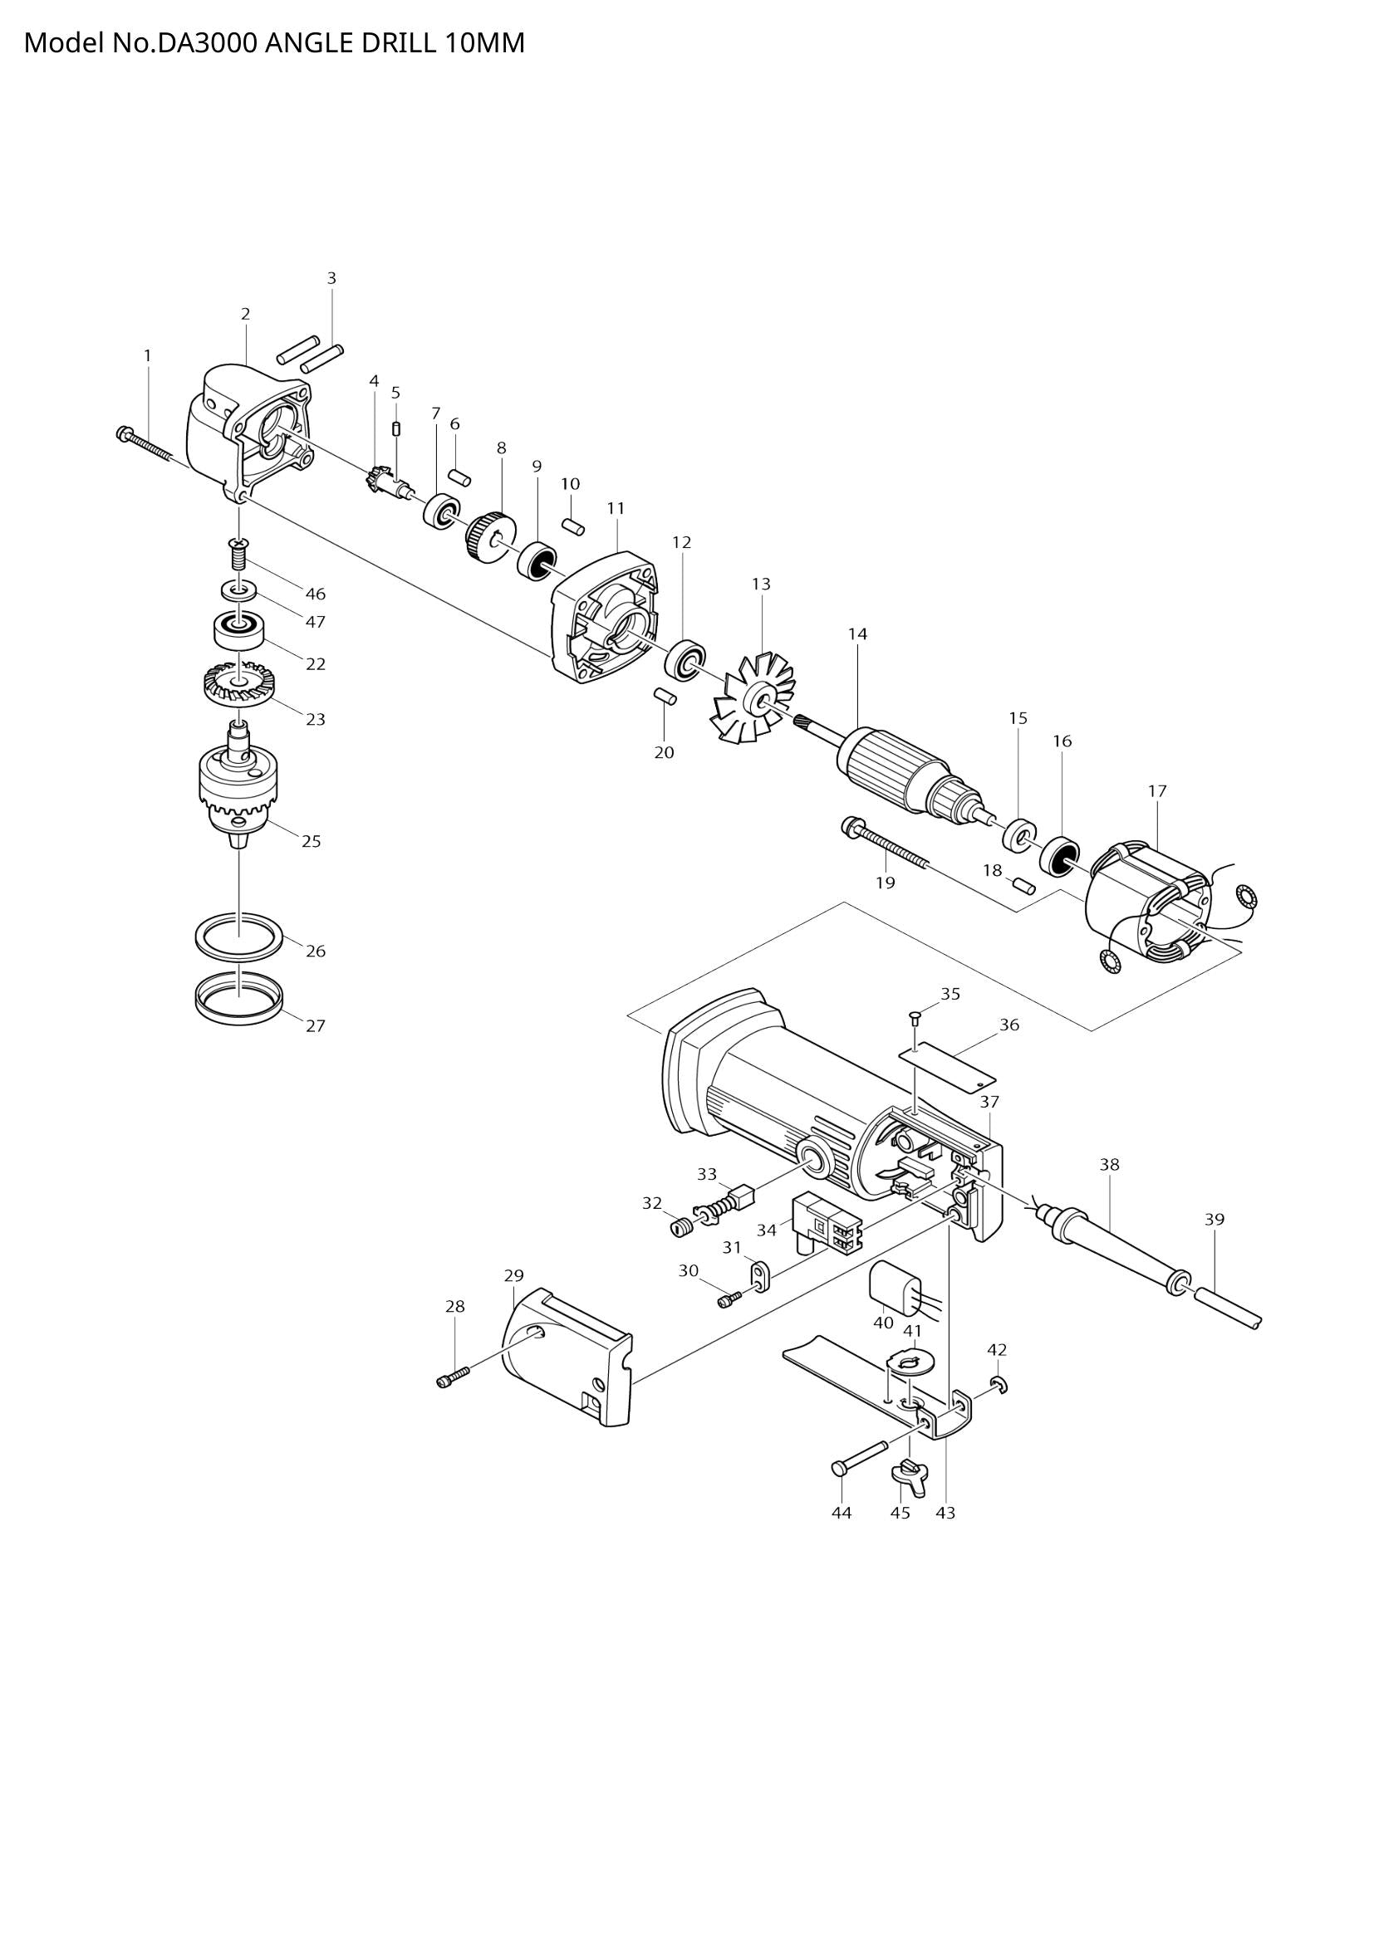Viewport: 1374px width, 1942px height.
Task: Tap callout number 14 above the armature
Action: pyautogui.click(x=857, y=633)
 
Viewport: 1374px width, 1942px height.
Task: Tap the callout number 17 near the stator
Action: pyautogui.click(x=1157, y=791)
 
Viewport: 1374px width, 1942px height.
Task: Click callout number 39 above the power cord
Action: pyautogui.click(x=1215, y=1219)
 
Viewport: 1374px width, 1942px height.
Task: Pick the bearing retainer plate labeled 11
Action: pyautogui.click(x=605, y=616)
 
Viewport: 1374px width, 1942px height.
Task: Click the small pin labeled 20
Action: pyautogui.click(x=665, y=696)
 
